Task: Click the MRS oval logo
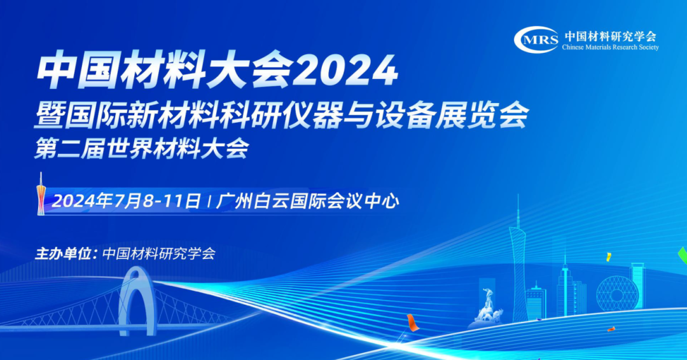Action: tap(536, 40)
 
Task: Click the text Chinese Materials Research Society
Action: tap(610, 47)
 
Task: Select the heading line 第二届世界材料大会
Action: tap(141, 148)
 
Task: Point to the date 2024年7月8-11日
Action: tap(127, 202)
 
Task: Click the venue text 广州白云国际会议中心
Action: tap(307, 202)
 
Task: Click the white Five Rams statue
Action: tap(487, 307)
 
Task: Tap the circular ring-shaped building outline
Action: tap(617, 293)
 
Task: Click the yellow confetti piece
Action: tap(609, 257)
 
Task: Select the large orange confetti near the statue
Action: tap(412, 322)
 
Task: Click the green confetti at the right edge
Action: tap(683, 256)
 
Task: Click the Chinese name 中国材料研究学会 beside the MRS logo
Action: tap(610, 36)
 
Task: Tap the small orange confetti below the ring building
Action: tap(611, 329)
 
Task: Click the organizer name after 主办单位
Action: tap(158, 254)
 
